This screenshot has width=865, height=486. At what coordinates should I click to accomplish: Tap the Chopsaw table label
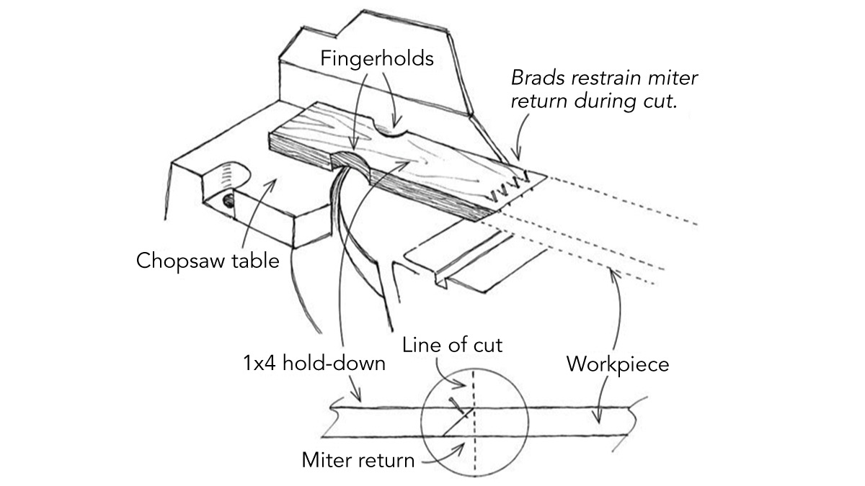(x=208, y=260)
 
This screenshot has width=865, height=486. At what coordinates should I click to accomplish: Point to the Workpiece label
(x=618, y=364)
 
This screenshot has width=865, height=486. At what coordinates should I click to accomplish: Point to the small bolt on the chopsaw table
(x=228, y=199)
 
